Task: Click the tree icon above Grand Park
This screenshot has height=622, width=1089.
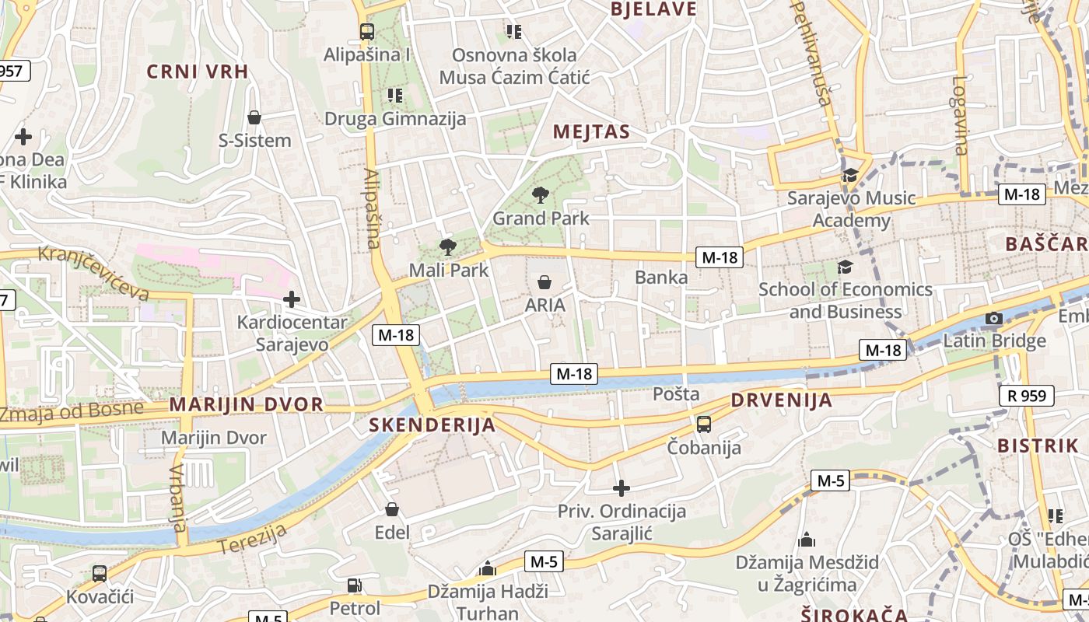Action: coord(540,195)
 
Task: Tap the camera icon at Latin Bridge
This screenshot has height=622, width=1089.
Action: coord(993,318)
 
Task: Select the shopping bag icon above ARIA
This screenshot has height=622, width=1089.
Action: coord(544,281)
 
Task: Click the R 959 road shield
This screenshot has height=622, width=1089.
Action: coord(1027,396)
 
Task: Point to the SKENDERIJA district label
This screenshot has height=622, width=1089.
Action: coord(432,425)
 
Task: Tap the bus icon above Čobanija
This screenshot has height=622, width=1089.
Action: coord(704,424)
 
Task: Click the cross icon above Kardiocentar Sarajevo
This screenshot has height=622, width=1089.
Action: coord(292,299)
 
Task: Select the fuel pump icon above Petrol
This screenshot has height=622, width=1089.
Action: coord(354,585)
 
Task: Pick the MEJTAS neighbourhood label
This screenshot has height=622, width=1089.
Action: coord(591,132)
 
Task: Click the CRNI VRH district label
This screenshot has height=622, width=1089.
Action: coord(198,72)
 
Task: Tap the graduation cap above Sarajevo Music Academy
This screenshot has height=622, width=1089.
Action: coord(849,175)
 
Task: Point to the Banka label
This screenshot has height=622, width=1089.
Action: coord(661,277)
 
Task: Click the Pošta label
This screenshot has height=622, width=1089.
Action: coord(676,394)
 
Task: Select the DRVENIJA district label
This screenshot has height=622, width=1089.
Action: coord(781,400)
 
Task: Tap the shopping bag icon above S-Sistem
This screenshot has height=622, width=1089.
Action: coord(254,117)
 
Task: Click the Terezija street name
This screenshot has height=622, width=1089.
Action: coord(253,539)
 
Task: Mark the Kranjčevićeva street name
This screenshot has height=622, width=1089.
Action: coord(93,273)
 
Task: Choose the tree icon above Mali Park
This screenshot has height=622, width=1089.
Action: coord(447,247)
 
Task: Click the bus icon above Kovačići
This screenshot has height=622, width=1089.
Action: coord(99,574)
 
